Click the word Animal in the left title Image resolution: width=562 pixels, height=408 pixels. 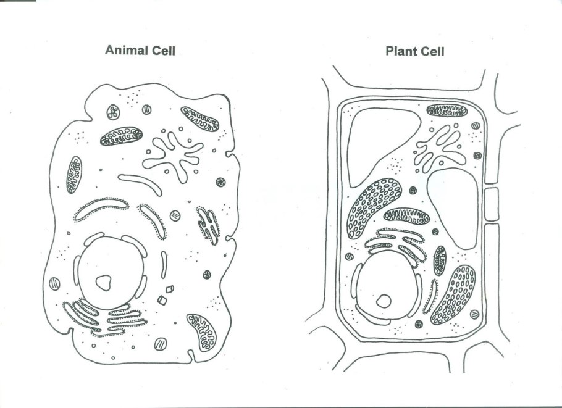click(x=127, y=50)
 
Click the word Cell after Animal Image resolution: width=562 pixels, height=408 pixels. click(x=164, y=51)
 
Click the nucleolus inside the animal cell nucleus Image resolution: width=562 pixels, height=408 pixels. click(x=104, y=283)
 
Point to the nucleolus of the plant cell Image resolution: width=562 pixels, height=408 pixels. click(x=384, y=301)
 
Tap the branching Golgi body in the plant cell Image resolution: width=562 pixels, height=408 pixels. click(x=440, y=149)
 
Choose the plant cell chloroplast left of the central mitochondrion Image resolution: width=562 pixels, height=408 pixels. click(x=374, y=208)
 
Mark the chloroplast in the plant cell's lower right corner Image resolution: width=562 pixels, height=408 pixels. click(x=453, y=295)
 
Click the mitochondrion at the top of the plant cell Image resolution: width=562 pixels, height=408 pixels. click(x=447, y=110)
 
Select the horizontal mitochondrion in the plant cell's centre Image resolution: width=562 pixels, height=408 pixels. click(x=406, y=216)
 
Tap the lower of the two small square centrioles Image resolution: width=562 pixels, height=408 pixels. click(x=162, y=300)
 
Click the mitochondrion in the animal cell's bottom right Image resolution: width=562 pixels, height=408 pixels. click(x=201, y=333)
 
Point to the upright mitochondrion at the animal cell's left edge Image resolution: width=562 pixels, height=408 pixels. click(x=74, y=175)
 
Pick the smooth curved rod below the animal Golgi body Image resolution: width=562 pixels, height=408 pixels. click(x=140, y=185)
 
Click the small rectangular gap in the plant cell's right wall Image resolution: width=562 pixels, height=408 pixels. click(x=492, y=204)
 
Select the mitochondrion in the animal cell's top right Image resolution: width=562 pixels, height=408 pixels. click(x=199, y=119)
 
